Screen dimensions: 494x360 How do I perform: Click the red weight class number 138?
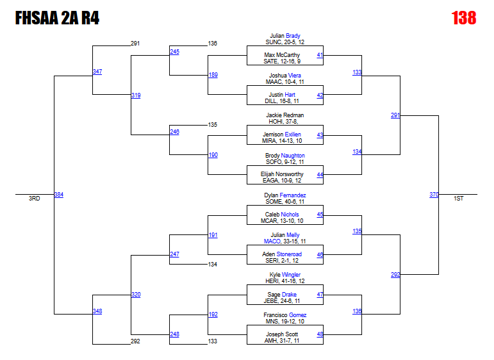[463, 18]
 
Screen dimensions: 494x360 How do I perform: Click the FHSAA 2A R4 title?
[57, 19]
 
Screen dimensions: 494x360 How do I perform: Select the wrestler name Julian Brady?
[285, 36]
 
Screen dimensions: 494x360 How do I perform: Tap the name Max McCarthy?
[282, 55]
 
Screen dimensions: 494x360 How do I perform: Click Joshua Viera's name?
[285, 76]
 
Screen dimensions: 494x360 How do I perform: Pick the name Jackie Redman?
[285, 115]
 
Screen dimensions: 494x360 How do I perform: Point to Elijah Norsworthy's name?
[283, 174]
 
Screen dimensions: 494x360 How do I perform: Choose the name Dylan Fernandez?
[285, 195]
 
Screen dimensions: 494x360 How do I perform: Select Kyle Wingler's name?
[285, 275]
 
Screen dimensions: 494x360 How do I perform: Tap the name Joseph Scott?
[282, 334]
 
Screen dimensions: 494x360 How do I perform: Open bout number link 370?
[434, 195]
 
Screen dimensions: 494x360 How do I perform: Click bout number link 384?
[58, 195]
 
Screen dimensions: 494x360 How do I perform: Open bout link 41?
[320, 56]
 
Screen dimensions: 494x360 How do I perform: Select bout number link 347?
[97, 72]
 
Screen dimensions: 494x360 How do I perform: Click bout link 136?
[357, 311]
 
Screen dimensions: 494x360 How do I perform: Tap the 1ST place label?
[458, 199]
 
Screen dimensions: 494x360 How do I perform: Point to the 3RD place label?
[35, 199]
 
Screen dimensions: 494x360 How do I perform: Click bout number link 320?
[135, 295]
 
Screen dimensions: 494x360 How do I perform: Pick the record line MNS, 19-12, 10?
[285, 322]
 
